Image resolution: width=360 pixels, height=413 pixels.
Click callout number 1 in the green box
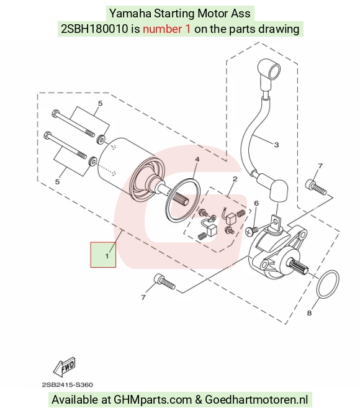coord(107,256)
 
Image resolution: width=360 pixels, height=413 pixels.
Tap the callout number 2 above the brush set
coord(235,179)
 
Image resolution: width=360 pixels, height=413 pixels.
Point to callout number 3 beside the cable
coord(276,145)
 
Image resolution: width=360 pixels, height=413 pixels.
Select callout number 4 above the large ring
coord(197,160)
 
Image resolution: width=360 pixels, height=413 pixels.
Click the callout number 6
coord(256,203)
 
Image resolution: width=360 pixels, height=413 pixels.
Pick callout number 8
coord(309,313)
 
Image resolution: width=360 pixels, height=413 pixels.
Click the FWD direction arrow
coord(65,366)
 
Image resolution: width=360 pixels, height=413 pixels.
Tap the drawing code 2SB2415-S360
coord(68,385)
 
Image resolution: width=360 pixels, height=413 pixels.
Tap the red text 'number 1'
coord(166,29)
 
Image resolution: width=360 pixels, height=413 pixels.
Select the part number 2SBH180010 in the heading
coord(94,29)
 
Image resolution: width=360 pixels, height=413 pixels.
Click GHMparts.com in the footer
coord(152,399)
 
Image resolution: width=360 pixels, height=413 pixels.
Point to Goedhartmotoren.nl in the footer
coord(256,399)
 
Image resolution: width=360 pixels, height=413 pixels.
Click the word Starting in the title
coord(174,14)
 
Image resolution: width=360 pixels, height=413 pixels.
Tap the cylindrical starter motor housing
coord(131,168)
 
